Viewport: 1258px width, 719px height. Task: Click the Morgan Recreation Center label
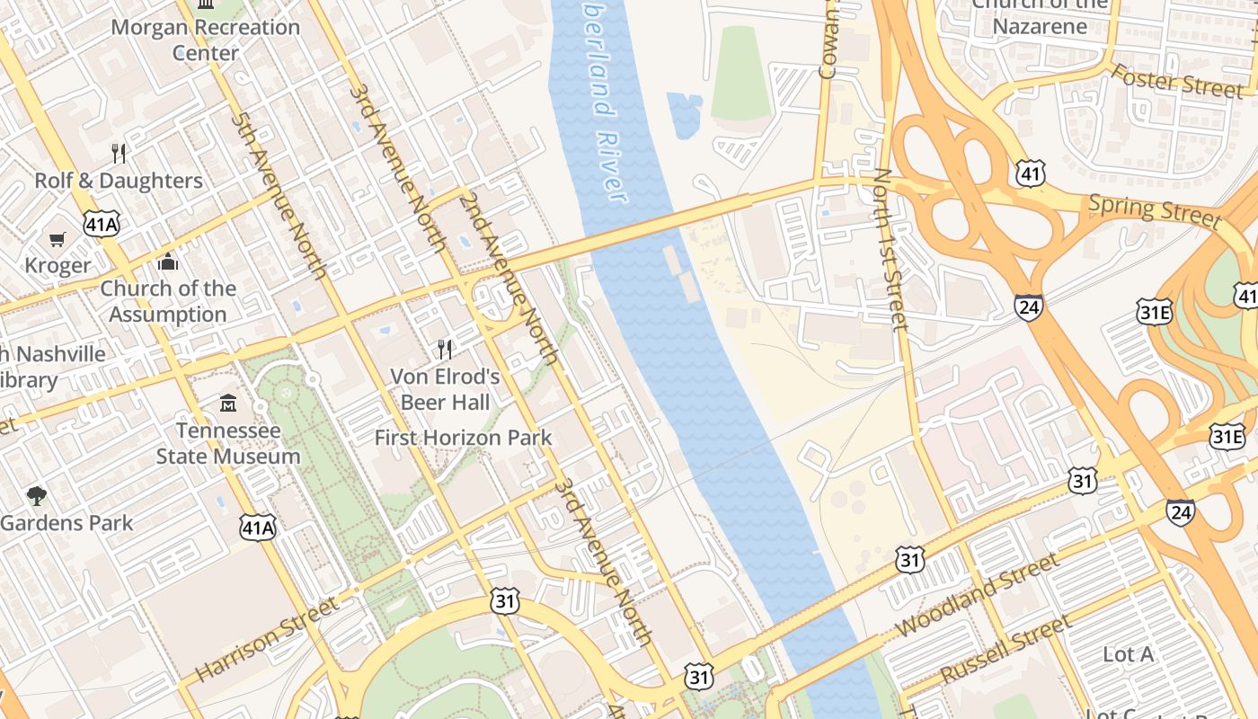click(x=205, y=40)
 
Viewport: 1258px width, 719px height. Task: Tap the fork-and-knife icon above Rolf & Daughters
click(x=120, y=153)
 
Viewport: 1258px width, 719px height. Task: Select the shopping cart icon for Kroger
click(x=58, y=239)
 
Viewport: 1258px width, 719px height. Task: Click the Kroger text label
click(x=58, y=265)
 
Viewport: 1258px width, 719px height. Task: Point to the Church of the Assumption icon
click(x=168, y=262)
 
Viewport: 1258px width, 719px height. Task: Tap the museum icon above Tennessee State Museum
click(x=228, y=404)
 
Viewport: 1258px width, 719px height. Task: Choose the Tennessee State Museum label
click(x=228, y=443)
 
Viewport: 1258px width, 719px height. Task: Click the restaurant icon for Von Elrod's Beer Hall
click(x=445, y=349)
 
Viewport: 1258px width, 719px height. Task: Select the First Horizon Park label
click(x=463, y=438)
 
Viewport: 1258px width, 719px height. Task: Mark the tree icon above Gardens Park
click(x=36, y=495)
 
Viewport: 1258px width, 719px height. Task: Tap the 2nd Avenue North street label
click(x=509, y=278)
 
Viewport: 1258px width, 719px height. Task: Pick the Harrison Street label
click(x=268, y=638)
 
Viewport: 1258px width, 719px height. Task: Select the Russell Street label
click(x=1006, y=649)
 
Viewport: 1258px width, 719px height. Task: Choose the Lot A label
click(x=1128, y=654)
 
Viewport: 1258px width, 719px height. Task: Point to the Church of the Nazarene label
click(x=1041, y=15)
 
